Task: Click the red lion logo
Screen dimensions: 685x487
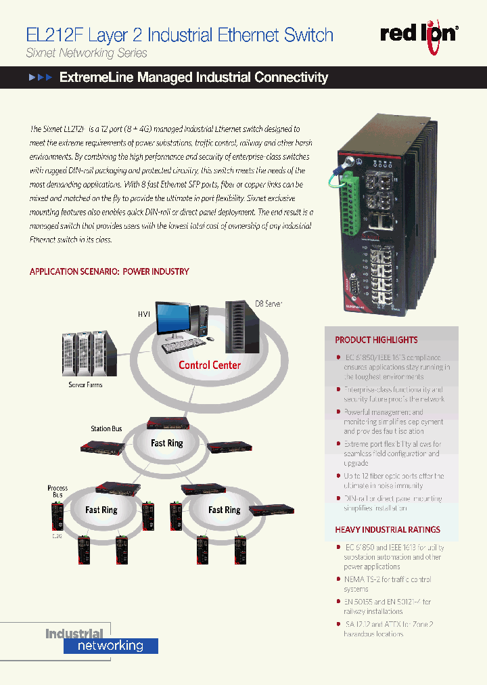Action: click(x=419, y=33)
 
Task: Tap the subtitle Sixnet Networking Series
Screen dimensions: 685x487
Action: click(x=86, y=53)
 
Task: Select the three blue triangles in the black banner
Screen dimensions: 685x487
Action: click(x=40, y=78)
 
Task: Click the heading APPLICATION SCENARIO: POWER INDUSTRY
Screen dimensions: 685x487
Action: click(x=109, y=271)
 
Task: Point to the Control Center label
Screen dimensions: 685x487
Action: click(x=209, y=365)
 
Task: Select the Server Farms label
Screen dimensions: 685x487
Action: click(x=86, y=385)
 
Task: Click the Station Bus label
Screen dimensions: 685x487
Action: click(x=106, y=429)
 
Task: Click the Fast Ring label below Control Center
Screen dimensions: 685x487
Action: click(x=166, y=443)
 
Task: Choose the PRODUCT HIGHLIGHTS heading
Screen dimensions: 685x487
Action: click(x=376, y=340)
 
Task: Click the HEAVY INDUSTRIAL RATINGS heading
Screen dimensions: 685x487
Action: click(x=388, y=530)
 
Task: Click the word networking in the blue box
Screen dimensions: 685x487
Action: click(x=110, y=646)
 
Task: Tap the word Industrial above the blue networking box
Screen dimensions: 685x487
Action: click(x=74, y=634)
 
